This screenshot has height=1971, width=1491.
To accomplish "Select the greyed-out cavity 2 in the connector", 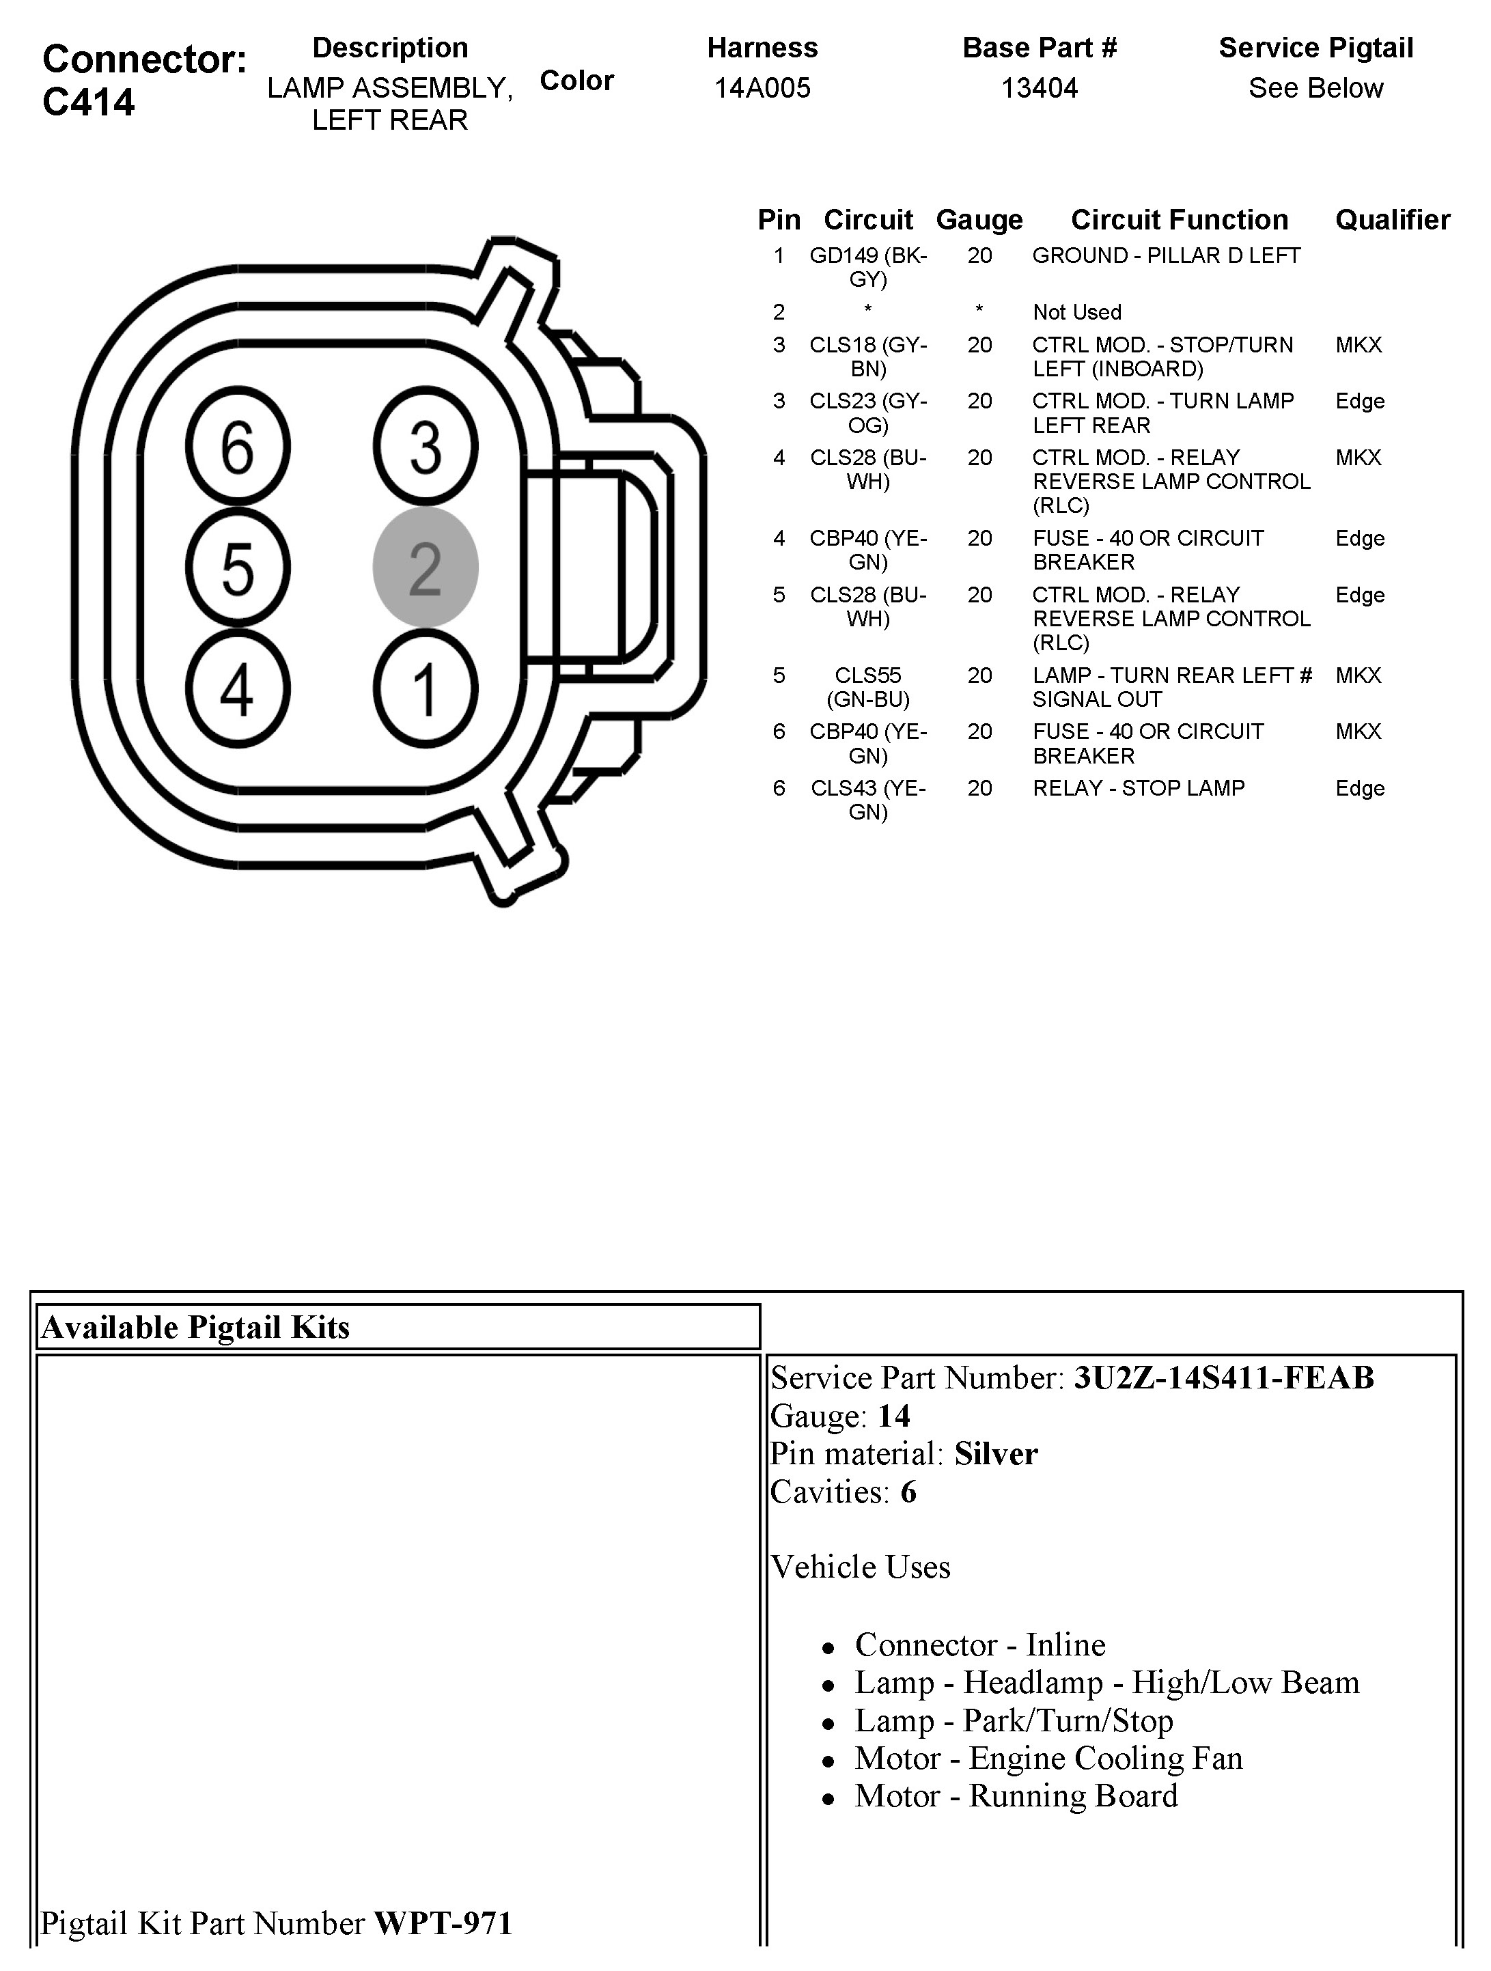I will pyautogui.click(x=425, y=568).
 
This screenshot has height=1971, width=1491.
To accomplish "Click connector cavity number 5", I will pyautogui.click(x=237, y=568).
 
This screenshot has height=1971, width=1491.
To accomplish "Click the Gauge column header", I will pyautogui.click(x=979, y=220).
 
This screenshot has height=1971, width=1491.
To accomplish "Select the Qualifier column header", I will pyautogui.click(x=1392, y=220).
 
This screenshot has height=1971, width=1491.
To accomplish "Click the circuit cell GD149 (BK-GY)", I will pyautogui.click(x=868, y=267).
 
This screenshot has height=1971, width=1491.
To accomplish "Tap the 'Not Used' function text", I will pyautogui.click(x=1076, y=313).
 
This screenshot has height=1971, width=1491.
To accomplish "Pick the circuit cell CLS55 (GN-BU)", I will pyautogui.click(x=868, y=687).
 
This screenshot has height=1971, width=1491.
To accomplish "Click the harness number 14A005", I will pyautogui.click(x=762, y=88).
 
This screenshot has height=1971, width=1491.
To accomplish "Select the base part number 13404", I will pyautogui.click(x=1039, y=88).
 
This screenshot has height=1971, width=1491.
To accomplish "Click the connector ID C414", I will pyautogui.click(x=88, y=102).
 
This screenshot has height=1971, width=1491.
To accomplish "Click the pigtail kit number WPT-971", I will pyautogui.click(x=443, y=1923).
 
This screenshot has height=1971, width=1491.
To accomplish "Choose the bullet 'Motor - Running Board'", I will pyautogui.click(x=1016, y=1795).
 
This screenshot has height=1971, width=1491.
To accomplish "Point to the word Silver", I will pyautogui.click(x=996, y=1454).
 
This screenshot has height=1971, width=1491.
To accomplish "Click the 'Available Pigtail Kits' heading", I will pyautogui.click(x=195, y=1328).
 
